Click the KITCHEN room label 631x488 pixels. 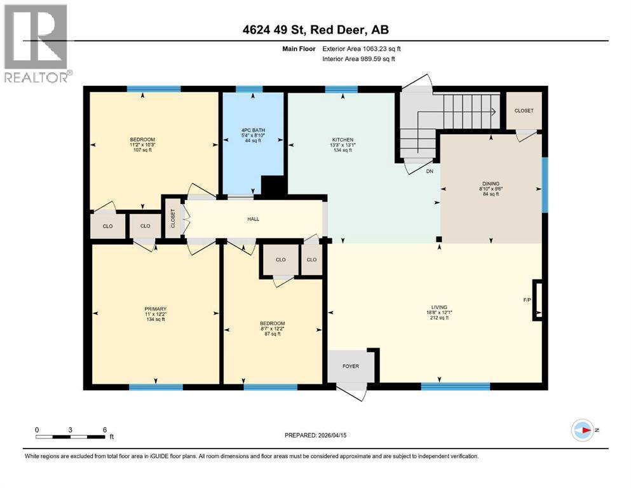(343, 140)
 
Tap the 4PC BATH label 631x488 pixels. (254, 130)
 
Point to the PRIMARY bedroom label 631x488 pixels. (155, 309)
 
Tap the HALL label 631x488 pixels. (253, 219)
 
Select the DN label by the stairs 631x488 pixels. (430, 171)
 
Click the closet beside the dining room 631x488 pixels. (524, 111)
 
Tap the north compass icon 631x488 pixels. (582, 430)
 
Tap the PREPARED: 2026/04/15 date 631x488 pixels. (316, 435)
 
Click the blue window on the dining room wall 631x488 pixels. (545, 184)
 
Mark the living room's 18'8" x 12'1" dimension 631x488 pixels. (438, 312)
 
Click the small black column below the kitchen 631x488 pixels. (438, 240)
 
